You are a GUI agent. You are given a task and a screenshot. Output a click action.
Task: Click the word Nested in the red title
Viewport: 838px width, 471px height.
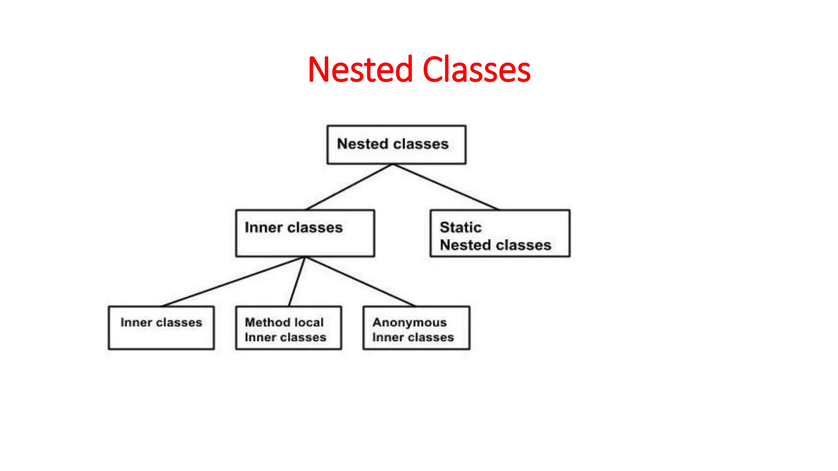pyautogui.click(x=360, y=70)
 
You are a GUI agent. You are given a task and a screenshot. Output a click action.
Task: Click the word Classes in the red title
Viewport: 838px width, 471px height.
pyautogui.click(x=476, y=70)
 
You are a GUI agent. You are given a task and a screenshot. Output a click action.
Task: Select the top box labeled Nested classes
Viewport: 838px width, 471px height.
pyautogui.click(x=396, y=145)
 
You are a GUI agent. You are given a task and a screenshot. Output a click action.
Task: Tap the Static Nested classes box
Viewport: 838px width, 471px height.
pyautogui.click(x=500, y=233)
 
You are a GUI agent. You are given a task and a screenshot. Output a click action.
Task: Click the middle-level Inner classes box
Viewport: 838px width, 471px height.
pyautogui.click(x=305, y=233)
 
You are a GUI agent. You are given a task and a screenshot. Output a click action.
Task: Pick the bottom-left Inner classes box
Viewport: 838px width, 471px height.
pyautogui.click(x=161, y=328)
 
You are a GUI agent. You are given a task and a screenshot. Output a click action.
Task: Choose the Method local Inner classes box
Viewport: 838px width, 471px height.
pyautogui.click(x=288, y=328)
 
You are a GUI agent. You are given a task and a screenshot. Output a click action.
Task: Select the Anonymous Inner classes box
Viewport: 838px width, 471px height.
pyautogui.click(x=416, y=328)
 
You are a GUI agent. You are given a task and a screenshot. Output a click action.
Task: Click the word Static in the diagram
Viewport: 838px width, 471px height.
pyautogui.click(x=460, y=227)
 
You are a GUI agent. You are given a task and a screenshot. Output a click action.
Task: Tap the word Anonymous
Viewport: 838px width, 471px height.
pyautogui.click(x=409, y=323)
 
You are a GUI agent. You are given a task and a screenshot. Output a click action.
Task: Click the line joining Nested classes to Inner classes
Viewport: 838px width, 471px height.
pyautogui.click(x=349, y=187)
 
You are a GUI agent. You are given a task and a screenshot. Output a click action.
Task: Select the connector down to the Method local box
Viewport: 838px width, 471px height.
pyautogui.click(x=297, y=282)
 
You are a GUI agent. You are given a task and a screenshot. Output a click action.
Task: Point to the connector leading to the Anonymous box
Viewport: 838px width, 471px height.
pyautogui.click(x=360, y=282)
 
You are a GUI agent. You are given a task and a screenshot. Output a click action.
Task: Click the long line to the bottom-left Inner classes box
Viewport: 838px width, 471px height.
pyautogui.click(x=233, y=282)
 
